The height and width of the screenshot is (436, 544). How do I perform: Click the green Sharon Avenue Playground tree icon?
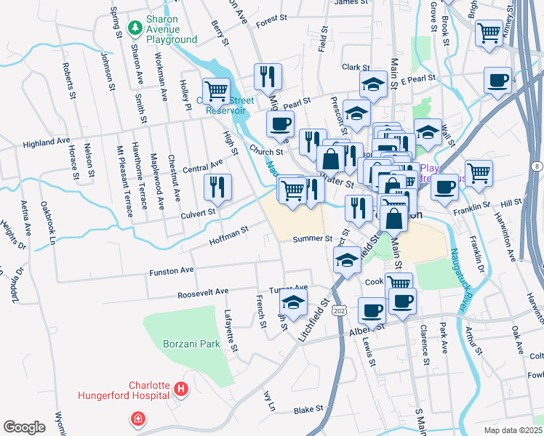click(134, 28)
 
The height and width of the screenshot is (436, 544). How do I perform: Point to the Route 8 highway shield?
click(537, 167)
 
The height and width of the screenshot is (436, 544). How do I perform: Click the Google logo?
click(24, 427)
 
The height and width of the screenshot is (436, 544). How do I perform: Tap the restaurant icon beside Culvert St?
click(217, 187)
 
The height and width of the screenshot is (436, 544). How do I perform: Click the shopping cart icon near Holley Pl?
click(216, 92)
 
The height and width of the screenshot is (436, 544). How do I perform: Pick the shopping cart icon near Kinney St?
click(489, 33)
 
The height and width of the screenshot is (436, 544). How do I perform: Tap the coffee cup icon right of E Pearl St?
click(498, 80)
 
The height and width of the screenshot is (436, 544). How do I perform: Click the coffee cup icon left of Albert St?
click(372, 310)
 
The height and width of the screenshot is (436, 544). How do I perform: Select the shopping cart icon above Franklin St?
click(479, 173)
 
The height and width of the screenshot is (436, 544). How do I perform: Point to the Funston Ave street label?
click(172, 270)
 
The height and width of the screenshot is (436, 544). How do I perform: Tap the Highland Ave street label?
click(46, 143)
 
